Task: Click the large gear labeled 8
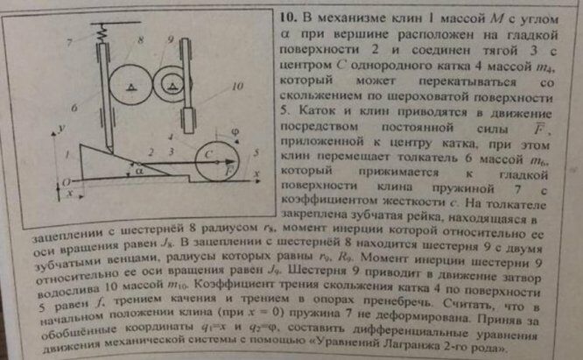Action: click(130, 86)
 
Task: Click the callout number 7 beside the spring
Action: click(66, 42)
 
